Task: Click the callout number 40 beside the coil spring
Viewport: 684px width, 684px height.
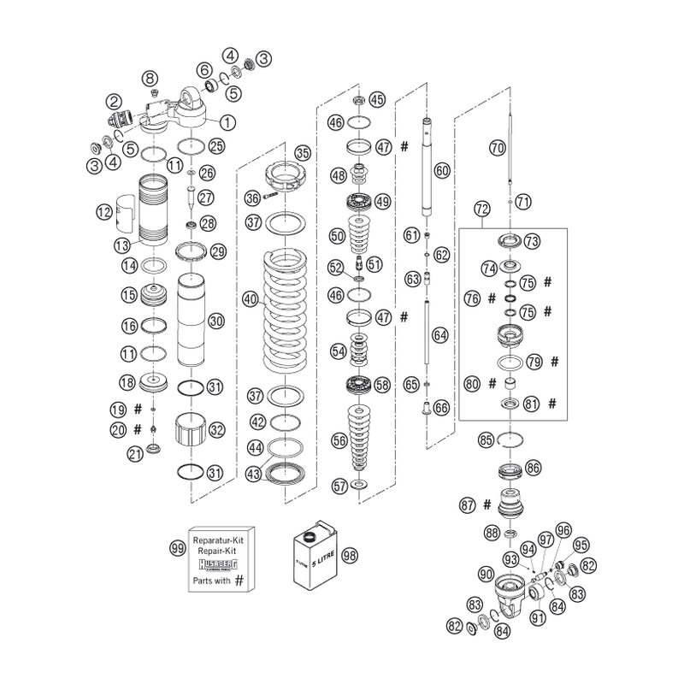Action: pos(250,299)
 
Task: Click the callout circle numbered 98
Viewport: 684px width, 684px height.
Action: pos(349,555)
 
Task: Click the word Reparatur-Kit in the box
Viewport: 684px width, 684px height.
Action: pos(220,541)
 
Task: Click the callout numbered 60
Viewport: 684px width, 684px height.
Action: pos(441,170)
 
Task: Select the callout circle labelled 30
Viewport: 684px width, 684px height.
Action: pos(215,321)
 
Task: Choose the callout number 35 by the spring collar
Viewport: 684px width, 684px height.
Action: pos(303,154)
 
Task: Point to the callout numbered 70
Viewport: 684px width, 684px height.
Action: pos(497,147)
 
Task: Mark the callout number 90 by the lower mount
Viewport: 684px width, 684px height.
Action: pos(486,574)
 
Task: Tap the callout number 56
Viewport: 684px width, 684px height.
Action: pos(339,440)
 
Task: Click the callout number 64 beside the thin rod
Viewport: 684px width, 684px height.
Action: pos(440,335)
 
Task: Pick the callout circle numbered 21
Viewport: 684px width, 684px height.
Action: pos(134,455)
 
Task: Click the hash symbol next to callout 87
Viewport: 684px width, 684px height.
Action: pos(486,504)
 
